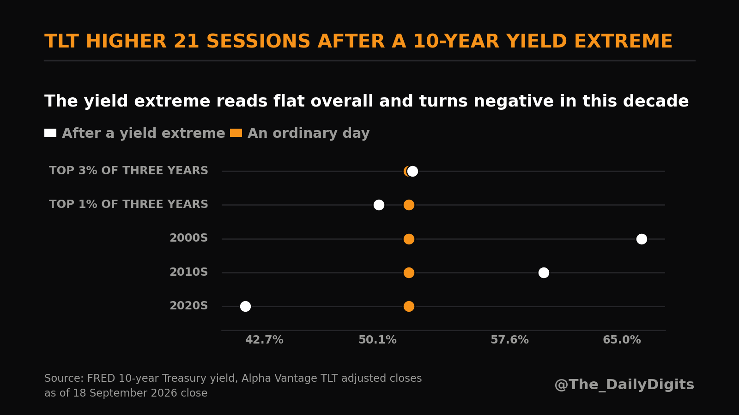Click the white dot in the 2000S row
pos(642,239)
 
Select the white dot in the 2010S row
pos(544,273)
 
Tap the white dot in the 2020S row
pos(245,306)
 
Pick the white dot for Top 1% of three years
pos(379,205)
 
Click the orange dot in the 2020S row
pos(409,306)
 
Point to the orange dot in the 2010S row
pos(409,273)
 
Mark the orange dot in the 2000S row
pos(409,239)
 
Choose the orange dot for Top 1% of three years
pos(409,205)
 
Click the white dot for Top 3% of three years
pos(412,171)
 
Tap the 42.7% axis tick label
pos(264,339)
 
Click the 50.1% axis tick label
pos(377,339)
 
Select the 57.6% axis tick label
pos(509,339)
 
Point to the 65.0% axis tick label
pos(622,339)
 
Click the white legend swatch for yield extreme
pos(50,133)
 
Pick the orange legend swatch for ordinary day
pos(236,133)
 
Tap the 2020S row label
pos(189,306)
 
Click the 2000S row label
pos(189,238)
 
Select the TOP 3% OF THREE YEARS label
pos(129,170)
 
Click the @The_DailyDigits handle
pos(624,385)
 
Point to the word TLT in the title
pos(61,41)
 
